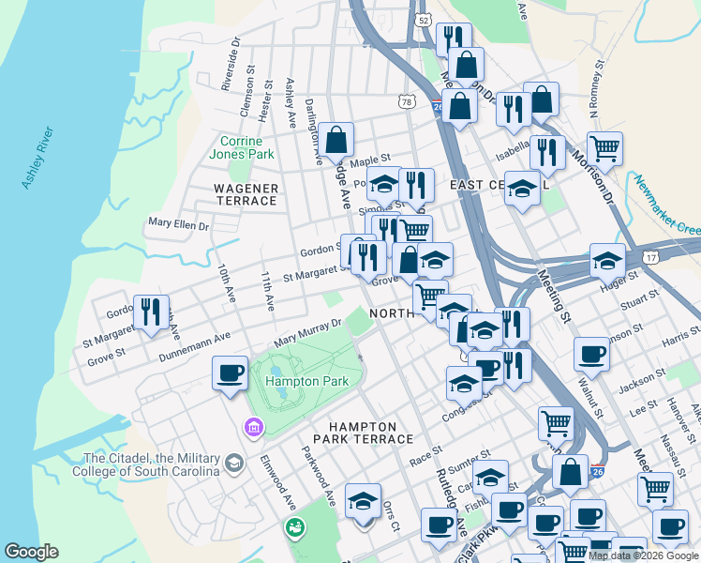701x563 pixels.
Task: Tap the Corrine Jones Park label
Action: point(247,147)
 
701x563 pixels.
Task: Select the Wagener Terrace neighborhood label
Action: point(246,195)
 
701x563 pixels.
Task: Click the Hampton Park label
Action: point(306,381)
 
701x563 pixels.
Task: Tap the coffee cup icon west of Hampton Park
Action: point(231,373)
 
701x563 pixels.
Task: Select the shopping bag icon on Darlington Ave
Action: point(336,140)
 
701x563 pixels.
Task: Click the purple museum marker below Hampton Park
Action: point(252,429)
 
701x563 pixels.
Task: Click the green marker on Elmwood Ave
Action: point(295,527)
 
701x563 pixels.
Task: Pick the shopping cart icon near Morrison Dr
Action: point(604,148)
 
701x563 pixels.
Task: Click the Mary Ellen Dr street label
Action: point(178,224)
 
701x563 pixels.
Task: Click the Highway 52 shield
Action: point(424,19)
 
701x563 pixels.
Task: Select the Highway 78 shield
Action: point(406,101)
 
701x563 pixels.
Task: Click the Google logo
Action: point(31,552)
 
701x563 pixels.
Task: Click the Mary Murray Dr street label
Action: point(308,332)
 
